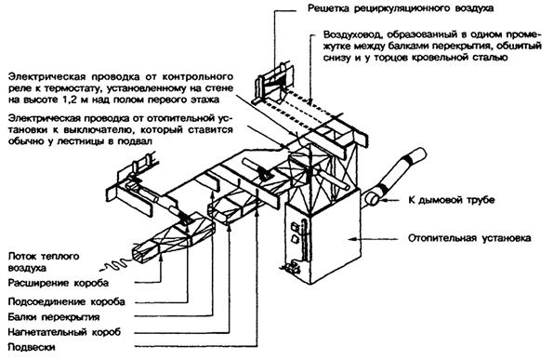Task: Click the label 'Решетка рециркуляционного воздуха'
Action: [401, 8]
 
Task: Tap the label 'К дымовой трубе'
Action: [451, 200]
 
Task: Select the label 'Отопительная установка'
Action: [469, 238]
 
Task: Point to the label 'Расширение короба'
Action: [59, 283]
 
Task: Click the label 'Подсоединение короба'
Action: [66, 301]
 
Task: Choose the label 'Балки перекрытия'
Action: [54, 317]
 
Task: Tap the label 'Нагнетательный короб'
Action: [64, 332]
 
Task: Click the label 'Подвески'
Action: [32, 347]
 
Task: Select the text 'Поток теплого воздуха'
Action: [44, 262]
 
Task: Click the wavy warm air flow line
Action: [114, 265]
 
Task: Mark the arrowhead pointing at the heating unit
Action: [351, 238]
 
